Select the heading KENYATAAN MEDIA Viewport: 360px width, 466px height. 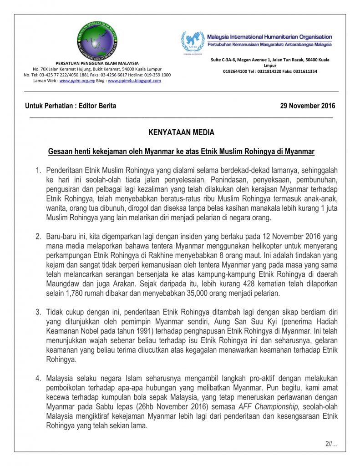[x=181, y=133]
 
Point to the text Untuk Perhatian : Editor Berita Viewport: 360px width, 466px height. [x=71, y=106]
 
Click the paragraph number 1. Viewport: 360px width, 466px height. [x=38, y=171]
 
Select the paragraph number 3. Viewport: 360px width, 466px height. [x=38, y=312]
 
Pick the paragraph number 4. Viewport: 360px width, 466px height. [x=38, y=378]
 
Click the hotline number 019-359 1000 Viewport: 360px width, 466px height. [x=155, y=75]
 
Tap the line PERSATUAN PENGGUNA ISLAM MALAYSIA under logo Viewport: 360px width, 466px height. [x=97, y=63]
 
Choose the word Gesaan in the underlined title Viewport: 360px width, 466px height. [x=61, y=151]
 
